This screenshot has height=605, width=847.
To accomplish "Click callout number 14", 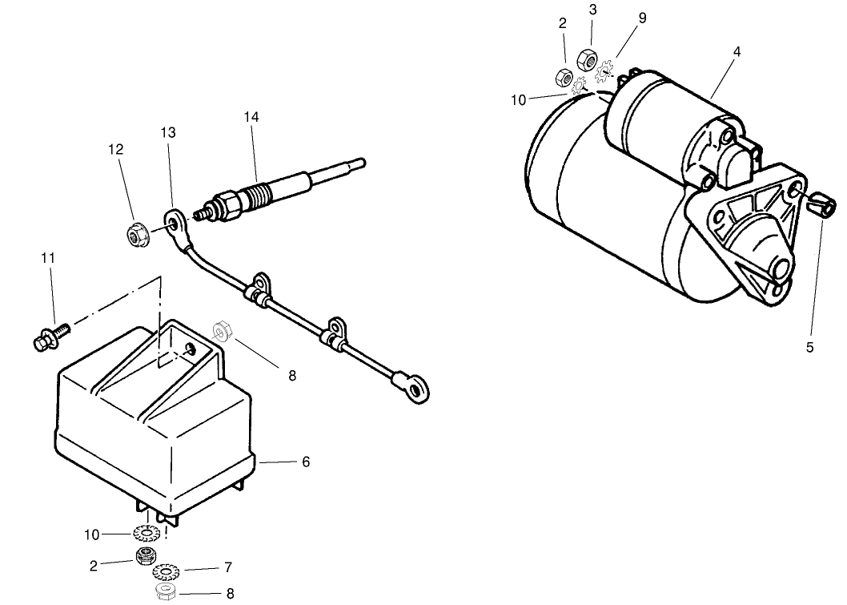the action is [x=251, y=117].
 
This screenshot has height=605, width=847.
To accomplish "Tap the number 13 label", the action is [x=168, y=132].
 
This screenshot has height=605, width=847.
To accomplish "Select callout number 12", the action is [x=115, y=149].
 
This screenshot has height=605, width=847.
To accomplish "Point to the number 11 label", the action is [x=48, y=258].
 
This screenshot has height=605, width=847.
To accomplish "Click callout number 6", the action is [x=306, y=462].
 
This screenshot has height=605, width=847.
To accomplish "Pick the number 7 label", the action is [x=228, y=567].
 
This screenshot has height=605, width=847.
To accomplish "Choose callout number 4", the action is [x=737, y=51].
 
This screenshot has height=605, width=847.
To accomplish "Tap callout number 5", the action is [x=809, y=347].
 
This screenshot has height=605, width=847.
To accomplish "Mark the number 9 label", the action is [x=642, y=18].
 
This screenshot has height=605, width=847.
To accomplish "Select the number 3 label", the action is [x=592, y=10].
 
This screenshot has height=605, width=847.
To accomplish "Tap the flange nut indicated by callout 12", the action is [x=134, y=235].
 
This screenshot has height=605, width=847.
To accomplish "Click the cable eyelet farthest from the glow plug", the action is [x=415, y=387].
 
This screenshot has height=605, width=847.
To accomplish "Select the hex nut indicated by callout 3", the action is [x=587, y=58].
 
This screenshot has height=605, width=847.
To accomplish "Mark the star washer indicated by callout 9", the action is [x=605, y=71].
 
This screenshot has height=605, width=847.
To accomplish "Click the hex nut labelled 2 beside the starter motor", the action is [x=563, y=77].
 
